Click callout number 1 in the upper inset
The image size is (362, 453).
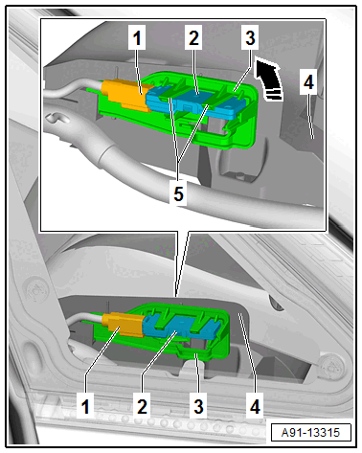(x=137, y=38)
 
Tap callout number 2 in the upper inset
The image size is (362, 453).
(x=193, y=38)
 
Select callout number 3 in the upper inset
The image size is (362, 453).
(x=250, y=38)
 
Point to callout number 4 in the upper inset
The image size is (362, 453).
(x=308, y=82)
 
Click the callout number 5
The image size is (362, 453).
(x=178, y=193)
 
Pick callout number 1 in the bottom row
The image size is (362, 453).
(x=85, y=406)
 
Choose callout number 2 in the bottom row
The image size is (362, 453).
(x=142, y=406)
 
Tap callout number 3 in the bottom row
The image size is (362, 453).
(x=198, y=406)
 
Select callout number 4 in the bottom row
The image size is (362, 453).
(x=255, y=406)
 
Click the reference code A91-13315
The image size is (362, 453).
(x=310, y=433)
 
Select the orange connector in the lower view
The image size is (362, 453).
(x=123, y=324)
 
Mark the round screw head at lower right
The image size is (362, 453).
(x=333, y=365)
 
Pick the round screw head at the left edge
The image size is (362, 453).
(x=37, y=290)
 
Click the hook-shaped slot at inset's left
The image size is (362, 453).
(x=57, y=119)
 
